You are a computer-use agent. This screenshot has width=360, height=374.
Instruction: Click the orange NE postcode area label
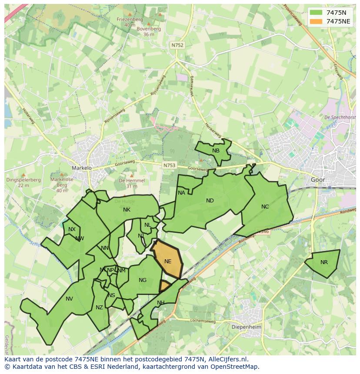tap(168, 261)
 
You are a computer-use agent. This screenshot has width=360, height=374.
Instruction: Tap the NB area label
tap(216, 151)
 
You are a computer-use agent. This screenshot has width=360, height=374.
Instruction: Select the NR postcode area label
tap(324, 262)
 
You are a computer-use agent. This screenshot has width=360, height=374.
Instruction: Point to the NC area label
tap(265, 207)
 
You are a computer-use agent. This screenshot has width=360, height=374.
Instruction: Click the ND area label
tap(210, 201)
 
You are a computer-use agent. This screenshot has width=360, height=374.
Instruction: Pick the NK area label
tap(127, 210)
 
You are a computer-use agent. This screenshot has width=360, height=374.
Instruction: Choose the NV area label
tap(69, 298)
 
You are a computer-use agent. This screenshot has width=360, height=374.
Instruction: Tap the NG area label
tap(143, 280)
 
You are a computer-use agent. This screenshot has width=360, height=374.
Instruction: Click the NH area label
tap(161, 303)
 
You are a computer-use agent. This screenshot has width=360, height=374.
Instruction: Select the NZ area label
tap(99, 308)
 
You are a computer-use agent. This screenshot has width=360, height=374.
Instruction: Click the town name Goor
tap(318, 179)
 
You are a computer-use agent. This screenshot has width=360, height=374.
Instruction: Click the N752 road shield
tap(177, 45)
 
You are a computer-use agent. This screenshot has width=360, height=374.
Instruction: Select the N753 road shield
tap(170, 165)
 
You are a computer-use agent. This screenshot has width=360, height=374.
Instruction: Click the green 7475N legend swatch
tap(316, 13)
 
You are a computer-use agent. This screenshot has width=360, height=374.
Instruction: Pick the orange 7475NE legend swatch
tap(316, 21)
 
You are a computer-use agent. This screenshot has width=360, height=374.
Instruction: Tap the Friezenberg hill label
tap(130, 19)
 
